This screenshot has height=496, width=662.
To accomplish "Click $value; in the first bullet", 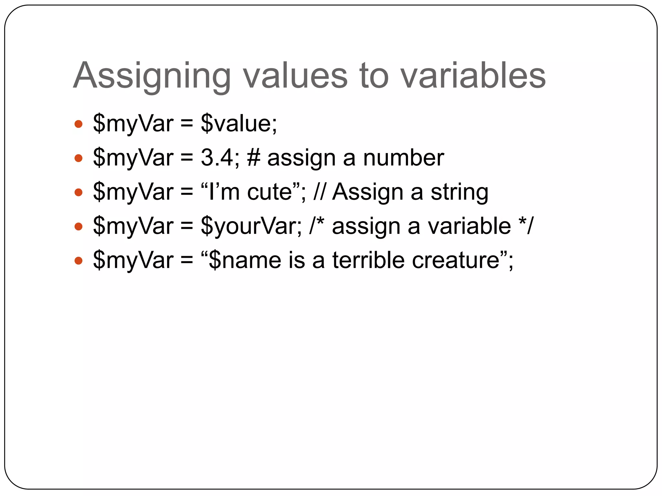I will [x=239, y=124].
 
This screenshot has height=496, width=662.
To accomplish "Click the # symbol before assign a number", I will [x=254, y=158].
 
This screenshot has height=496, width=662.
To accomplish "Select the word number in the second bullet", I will [x=403, y=158].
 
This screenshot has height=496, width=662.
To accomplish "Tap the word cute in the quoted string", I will [x=270, y=192].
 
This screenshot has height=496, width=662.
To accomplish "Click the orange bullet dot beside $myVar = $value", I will [x=79, y=124].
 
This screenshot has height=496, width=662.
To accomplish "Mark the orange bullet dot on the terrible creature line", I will [x=79, y=261].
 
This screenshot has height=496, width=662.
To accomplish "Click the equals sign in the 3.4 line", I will [x=187, y=158].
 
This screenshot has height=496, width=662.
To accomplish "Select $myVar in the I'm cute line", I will [x=133, y=193].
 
